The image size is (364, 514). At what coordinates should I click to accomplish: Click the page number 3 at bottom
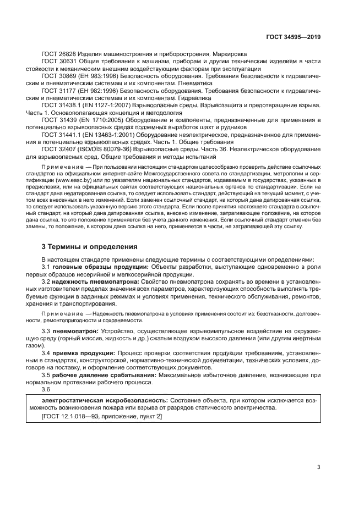[x=318, y=467]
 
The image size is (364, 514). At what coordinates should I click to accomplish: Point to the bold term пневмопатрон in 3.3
[x=75, y=331]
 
